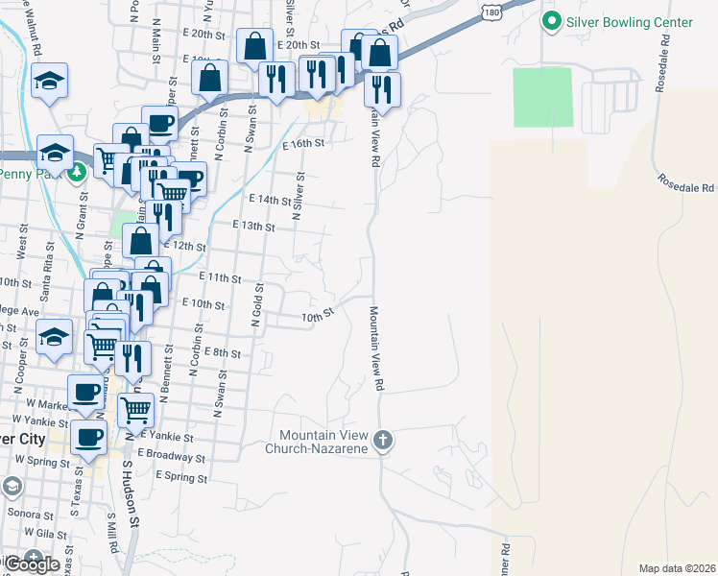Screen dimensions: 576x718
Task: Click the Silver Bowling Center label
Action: [x=630, y=21]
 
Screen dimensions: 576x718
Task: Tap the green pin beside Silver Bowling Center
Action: [x=552, y=20]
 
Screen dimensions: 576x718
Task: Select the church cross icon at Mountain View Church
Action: [x=382, y=442]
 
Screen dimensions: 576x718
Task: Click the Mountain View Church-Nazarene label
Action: [x=324, y=442]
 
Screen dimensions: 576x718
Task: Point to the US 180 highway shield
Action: [x=491, y=10]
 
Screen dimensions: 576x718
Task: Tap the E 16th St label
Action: [x=304, y=143]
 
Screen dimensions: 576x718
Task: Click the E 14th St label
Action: [x=269, y=200]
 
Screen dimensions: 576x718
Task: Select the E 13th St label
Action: [x=254, y=227]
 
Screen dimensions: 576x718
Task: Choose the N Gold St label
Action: [x=257, y=305]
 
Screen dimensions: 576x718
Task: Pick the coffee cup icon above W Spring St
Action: [x=89, y=436]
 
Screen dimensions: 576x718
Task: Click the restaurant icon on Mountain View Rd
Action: [x=382, y=88]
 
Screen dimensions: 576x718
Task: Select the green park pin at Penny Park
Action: [x=77, y=173]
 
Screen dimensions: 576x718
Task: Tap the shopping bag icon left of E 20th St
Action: [x=254, y=45]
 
